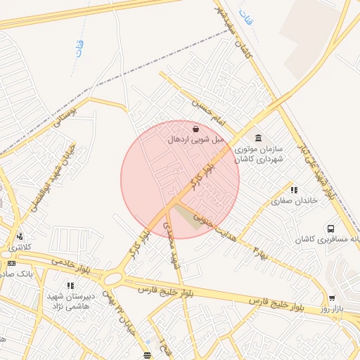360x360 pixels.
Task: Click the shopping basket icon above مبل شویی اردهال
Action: tap(195, 129)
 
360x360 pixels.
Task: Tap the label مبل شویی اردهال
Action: tap(195, 140)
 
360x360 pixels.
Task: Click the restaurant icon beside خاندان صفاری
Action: tap(294, 190)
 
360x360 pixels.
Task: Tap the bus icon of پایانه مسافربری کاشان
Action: tap(330, 229)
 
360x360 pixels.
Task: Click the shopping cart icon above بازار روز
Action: tap(332, 298)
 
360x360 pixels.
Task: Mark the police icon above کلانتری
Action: tap(20, 237)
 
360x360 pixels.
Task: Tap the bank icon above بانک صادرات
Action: tap(11, 263)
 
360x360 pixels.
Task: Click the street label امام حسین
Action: tap(193, 106)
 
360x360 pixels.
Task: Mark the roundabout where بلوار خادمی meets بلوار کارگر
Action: tap(112, 278)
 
